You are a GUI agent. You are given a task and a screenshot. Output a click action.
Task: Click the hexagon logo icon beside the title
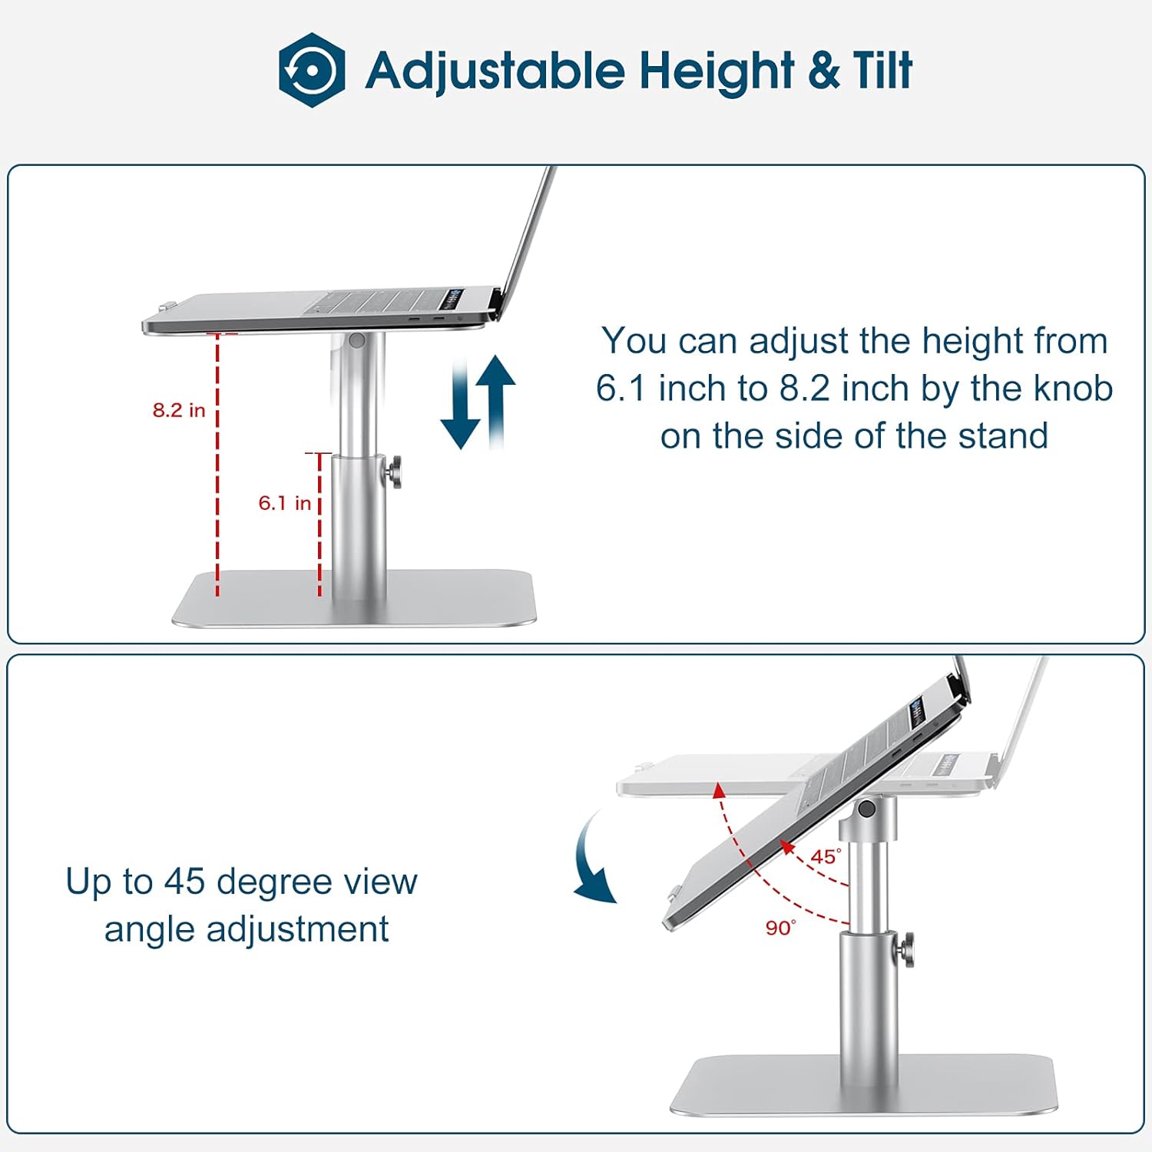[311, 70]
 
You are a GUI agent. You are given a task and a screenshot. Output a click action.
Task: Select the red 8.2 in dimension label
[179, 410]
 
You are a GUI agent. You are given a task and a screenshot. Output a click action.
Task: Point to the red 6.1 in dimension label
[284, 503]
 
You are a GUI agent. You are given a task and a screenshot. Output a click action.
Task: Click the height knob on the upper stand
[395, 472]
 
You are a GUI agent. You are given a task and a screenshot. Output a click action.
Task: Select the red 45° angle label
[826, 856]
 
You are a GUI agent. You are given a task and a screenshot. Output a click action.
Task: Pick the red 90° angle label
[780, 928]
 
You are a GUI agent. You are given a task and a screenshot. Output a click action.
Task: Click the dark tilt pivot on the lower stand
[866, 808]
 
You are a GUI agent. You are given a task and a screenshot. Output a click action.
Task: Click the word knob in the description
[1073, 389]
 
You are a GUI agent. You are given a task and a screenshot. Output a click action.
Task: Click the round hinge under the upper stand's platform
[356, 339]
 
